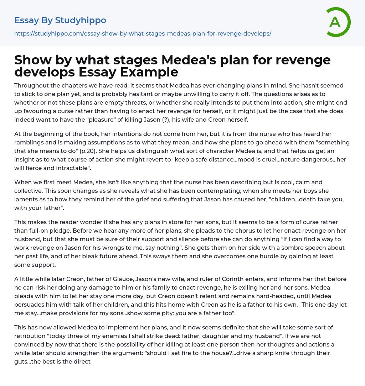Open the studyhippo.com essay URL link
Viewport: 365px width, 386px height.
143,33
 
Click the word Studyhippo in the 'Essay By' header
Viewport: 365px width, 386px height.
81,20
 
